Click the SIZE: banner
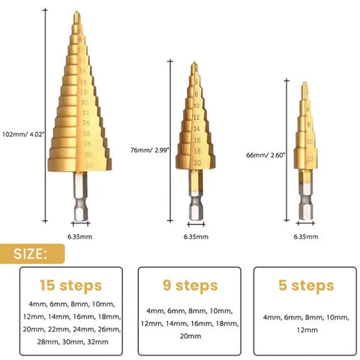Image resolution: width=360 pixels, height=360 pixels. [x=31, y=253]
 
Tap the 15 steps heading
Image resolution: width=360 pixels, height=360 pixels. [x=70, y=285]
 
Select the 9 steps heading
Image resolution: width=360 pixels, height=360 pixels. [x=190, y=285]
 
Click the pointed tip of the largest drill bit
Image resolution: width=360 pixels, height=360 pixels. [x=79, y=13]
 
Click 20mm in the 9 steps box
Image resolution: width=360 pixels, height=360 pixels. [x=190, y=337]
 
